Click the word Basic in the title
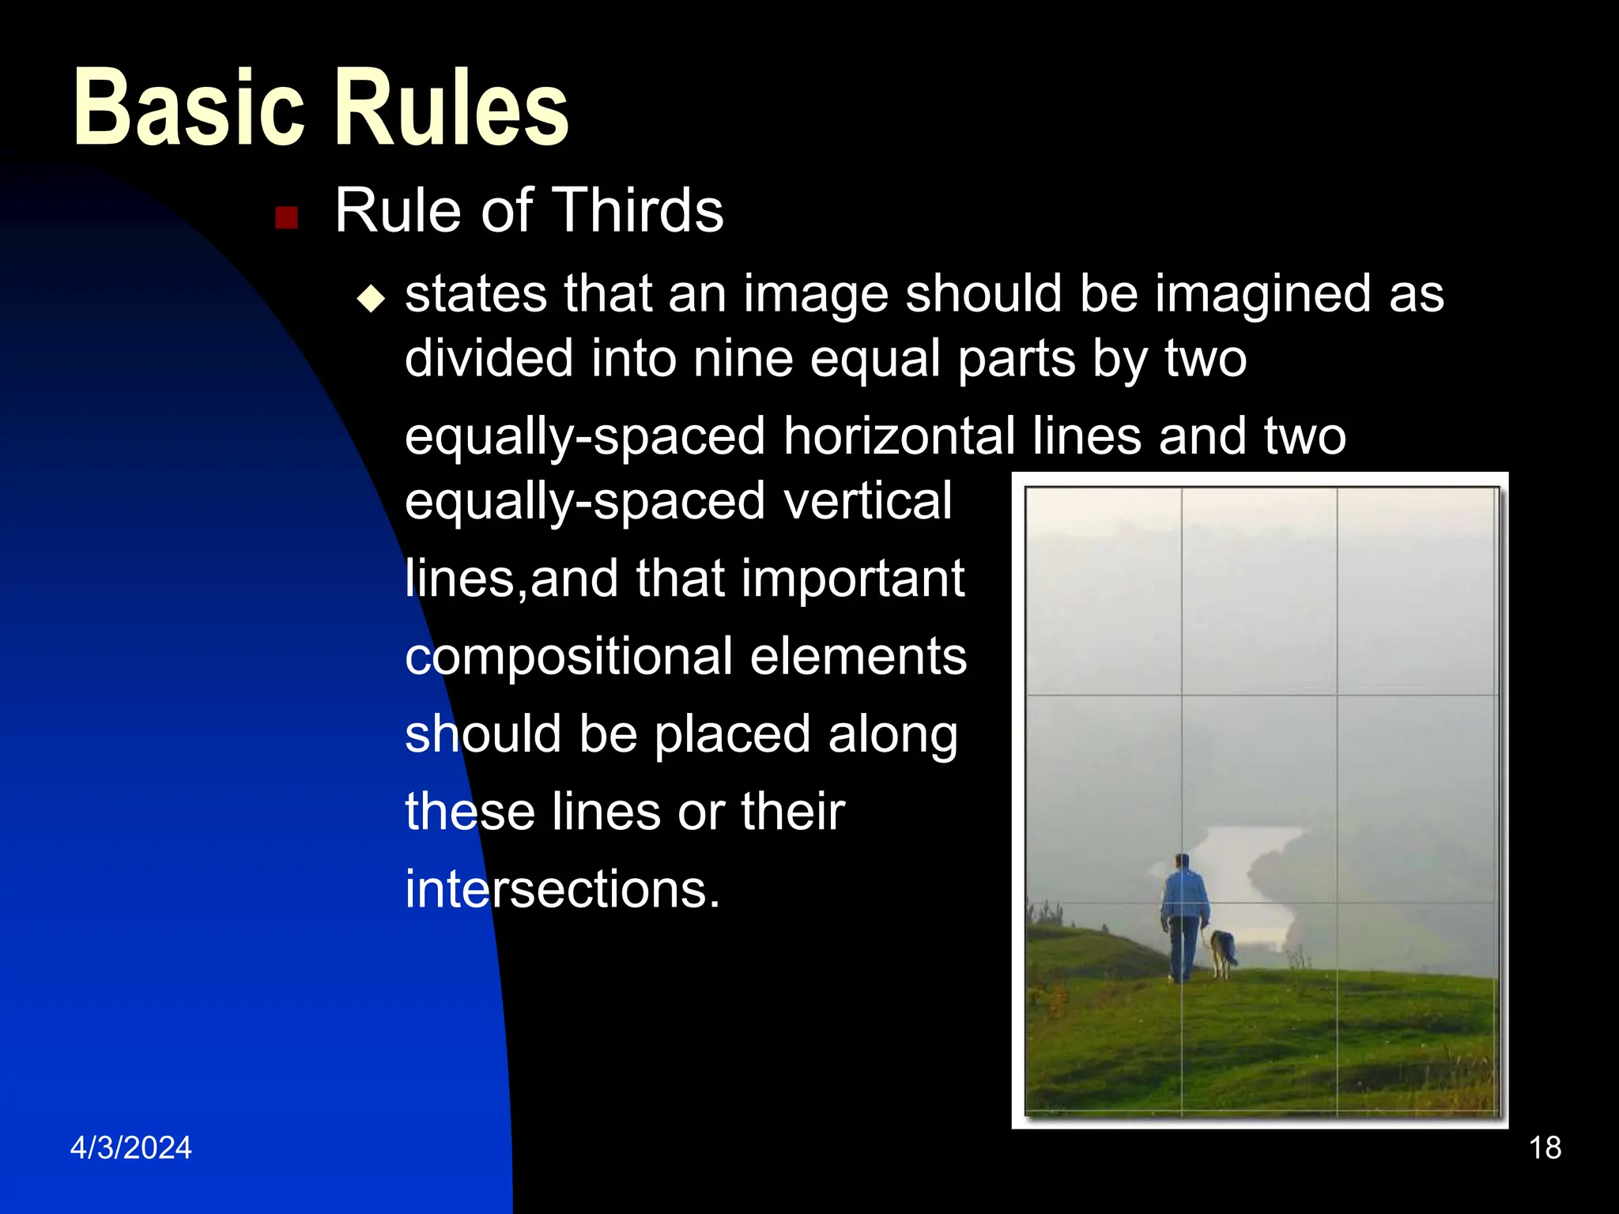pyautogui.click(x=188, y=108)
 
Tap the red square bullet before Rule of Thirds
pyautogui.click(x=286, y=217)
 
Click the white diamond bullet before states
pyautogui.click(x=371, y=299)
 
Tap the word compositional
pyautogui.click(x=568, y=656)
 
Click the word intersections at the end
pyautogui.click(x=562, y=889)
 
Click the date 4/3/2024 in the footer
pyautogui.click(x=131, y=1148)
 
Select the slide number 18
pyautogui.click(x=1545, y=1148)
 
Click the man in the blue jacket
pyautogui.click(x=1183, y=917)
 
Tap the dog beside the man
pyautogui.click(x=1224, y=952)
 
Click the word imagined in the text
pyautogui.click(x=1262, y=294)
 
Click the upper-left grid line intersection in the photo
pyautogui.click(x=1182, y=696)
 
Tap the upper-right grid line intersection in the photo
pyautogui.click(x=1337, y=696)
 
